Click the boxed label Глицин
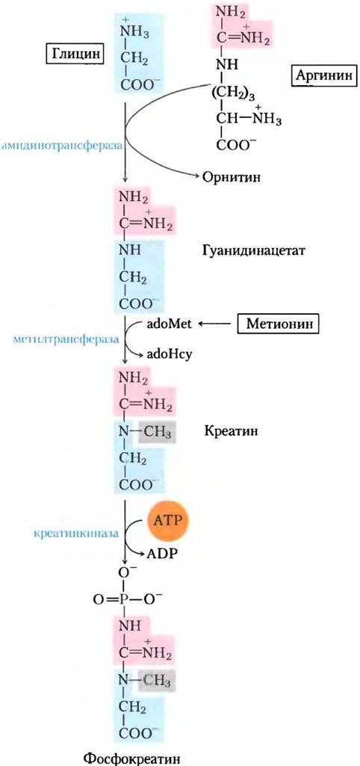coord(75,54)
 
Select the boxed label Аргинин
coord(325,76)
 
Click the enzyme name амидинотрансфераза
coord(61,146)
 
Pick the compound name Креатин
coord(229,432)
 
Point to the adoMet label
coord(170,324)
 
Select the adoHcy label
coord(169,355)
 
